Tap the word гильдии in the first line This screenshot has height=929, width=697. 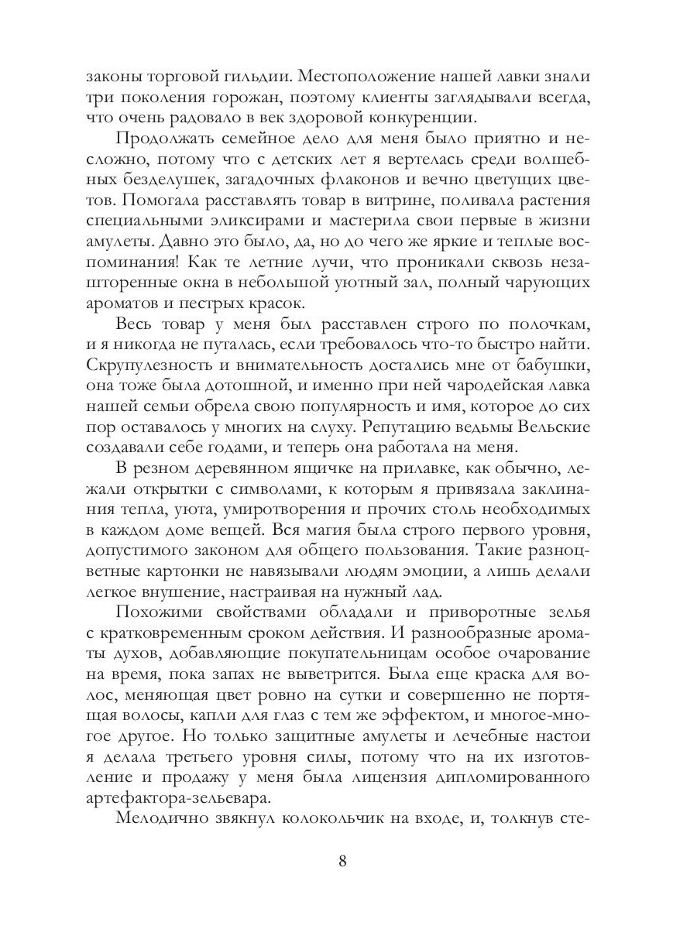(x=250, y=78)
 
